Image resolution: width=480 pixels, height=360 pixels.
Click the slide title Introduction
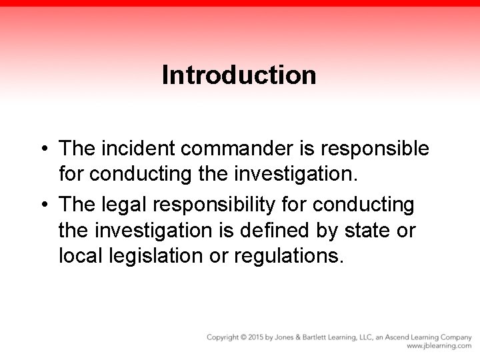[x=239, y=75]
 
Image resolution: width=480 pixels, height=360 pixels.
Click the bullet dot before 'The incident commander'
[x=42, y=148]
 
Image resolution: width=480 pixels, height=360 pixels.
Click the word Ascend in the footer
[x=407, y=337]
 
